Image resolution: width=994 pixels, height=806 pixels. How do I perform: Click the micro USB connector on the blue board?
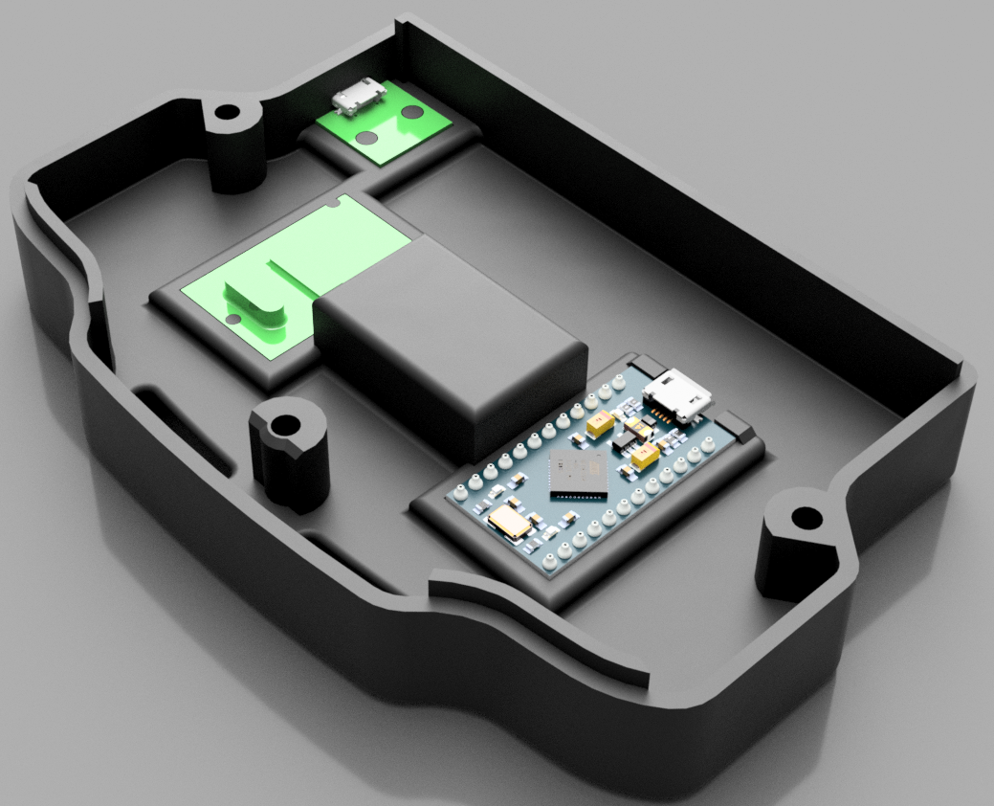tap(678, 394)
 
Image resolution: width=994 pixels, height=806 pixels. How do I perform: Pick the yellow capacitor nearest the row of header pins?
tap(603, 424)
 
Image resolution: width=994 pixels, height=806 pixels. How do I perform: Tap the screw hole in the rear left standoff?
tap(229, 113)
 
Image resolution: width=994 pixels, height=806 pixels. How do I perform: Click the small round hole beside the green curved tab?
tap(232, 317)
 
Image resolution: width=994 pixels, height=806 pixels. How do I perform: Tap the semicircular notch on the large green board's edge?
tap(333, 202)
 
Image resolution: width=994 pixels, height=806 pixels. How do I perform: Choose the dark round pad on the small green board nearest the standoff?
tap(364, 138)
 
